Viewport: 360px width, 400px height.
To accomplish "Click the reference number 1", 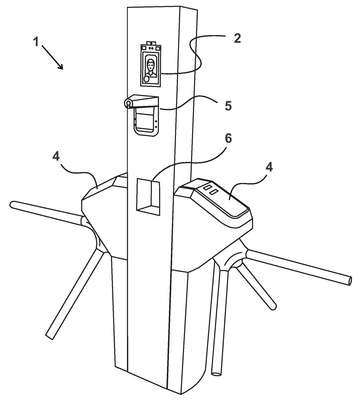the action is tap(36, 42).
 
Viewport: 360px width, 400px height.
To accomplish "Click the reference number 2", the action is tap(236, 38).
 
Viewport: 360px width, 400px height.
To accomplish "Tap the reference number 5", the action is tap(228, 106).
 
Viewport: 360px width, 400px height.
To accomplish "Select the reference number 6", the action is tap(228, 139).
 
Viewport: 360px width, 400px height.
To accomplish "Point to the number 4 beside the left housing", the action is tap(56, 156).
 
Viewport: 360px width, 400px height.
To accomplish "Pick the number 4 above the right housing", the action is tap(269, 167).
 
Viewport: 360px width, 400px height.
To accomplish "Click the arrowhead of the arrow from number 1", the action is tap(60, 66).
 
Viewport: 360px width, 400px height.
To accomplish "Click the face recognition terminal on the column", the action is tap(151, 64).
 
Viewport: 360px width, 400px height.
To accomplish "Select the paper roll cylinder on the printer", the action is tap(128, 104).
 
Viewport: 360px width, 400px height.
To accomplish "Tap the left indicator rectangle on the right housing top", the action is tap(207, 189).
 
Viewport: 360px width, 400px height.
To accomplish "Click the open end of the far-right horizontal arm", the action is tap(348, 280).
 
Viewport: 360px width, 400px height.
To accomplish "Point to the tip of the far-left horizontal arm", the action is tap(12, 205).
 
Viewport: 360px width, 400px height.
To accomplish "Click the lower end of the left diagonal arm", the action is tap(50, 335).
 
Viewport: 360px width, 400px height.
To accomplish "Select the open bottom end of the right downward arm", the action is tap(217, 373).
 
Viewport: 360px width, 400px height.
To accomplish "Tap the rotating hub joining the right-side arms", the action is tap(235, 261).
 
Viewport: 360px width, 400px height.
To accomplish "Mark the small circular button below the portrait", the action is tap(146, 79).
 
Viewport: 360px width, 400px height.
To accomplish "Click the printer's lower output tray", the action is tap(145, 122).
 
